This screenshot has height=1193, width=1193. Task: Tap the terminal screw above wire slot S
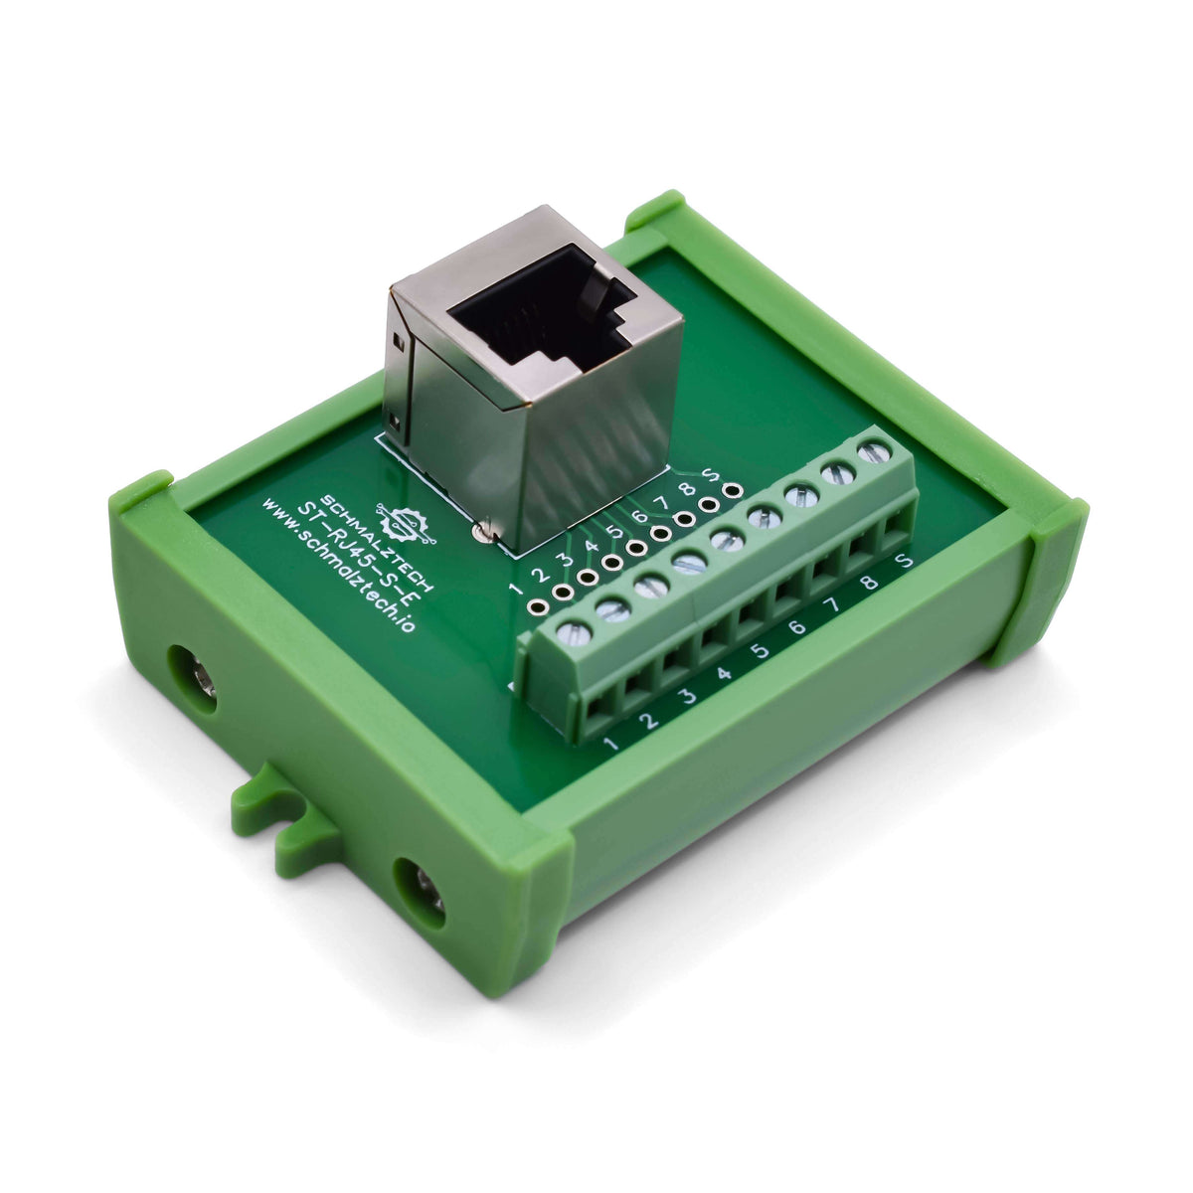point(873,452)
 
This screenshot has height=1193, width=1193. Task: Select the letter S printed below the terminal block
point(904,563)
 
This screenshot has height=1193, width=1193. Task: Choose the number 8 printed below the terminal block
point(869,585)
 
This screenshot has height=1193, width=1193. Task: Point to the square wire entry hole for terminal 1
point(599,709)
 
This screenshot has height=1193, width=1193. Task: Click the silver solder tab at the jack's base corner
point(483,532)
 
